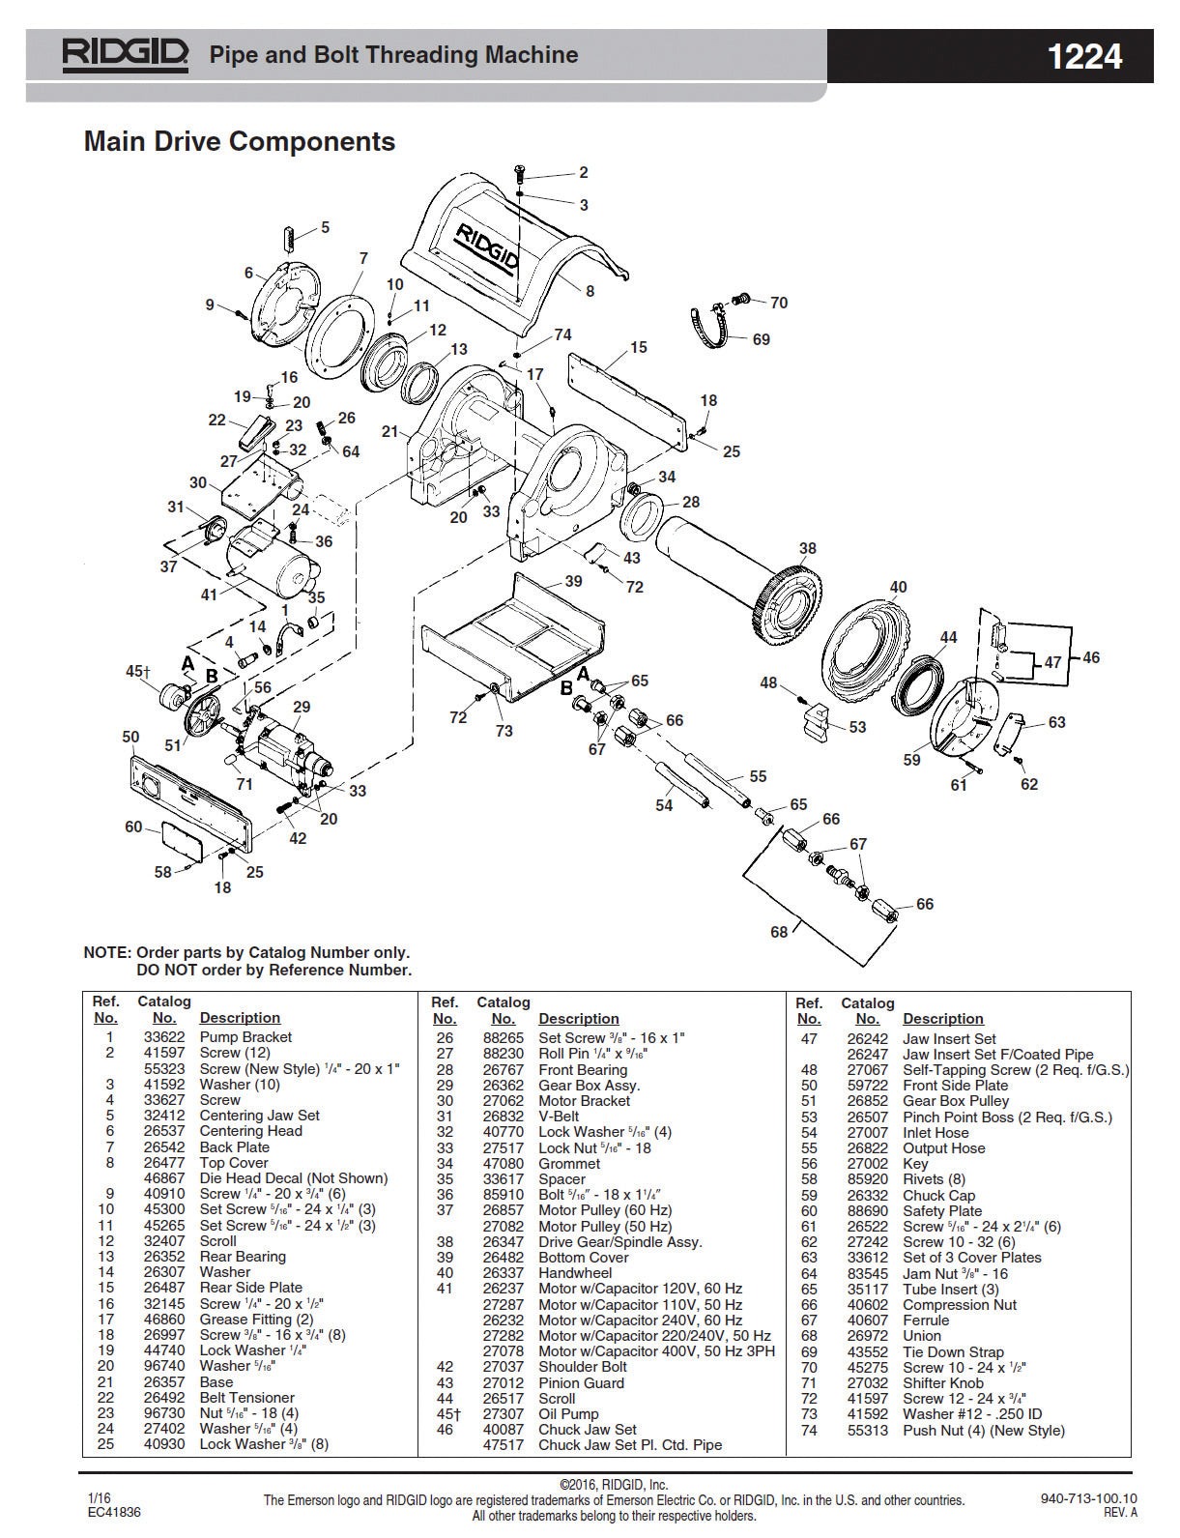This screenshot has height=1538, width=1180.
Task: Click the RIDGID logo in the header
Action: [125, 55]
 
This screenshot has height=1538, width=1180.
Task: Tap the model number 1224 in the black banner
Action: [1084, 56]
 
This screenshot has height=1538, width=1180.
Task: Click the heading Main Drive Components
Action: [240, 141]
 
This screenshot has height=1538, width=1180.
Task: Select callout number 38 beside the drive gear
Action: [807, 548]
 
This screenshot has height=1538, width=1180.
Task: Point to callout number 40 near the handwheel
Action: [898, 587]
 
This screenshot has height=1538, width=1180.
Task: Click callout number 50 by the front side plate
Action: [130, 737]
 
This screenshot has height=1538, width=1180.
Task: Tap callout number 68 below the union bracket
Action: [779, 932]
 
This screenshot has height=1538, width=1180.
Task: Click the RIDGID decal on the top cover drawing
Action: [488, 248]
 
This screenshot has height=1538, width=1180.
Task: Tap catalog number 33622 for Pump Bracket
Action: [164, 1037]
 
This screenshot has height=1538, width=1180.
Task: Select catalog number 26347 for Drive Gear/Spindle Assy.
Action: [504, 1241]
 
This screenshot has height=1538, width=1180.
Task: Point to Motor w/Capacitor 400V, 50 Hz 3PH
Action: [656, 1350]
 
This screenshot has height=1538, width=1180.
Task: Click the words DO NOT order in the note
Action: [189, 970]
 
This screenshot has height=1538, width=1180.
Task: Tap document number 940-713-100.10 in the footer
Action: [1088, 1499]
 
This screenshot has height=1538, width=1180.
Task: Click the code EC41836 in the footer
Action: [113, 1512]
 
